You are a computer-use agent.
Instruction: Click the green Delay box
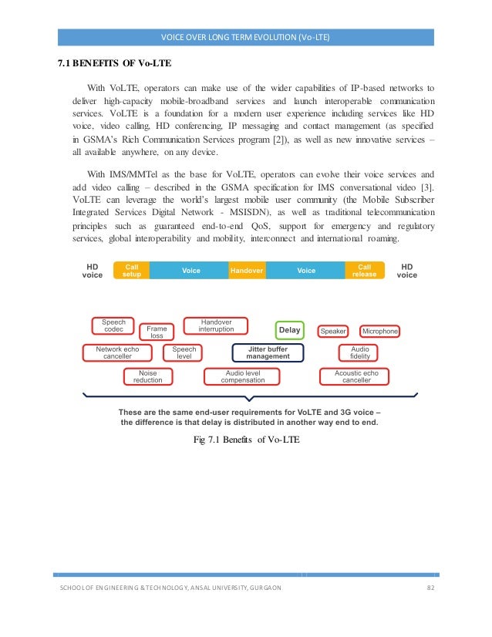point(290,330)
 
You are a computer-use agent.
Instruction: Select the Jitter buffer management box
point(268,353)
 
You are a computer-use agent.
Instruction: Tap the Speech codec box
point(113,326)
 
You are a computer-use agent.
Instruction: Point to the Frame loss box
point(157,332)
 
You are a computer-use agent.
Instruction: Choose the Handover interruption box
point(216,326)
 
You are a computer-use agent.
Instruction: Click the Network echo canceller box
point(117,353)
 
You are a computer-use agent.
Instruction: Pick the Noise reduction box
point(147,376)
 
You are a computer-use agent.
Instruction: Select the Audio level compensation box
point(243,376)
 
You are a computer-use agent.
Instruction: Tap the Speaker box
point(333,331)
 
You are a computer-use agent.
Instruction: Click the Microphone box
point(379,331)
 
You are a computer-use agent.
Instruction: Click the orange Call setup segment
point(132,271)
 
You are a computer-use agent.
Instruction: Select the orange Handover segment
point(247,271)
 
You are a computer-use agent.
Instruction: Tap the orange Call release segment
point(364,271)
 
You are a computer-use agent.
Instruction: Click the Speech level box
point(184,353)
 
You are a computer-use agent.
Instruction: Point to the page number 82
point(430,588)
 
